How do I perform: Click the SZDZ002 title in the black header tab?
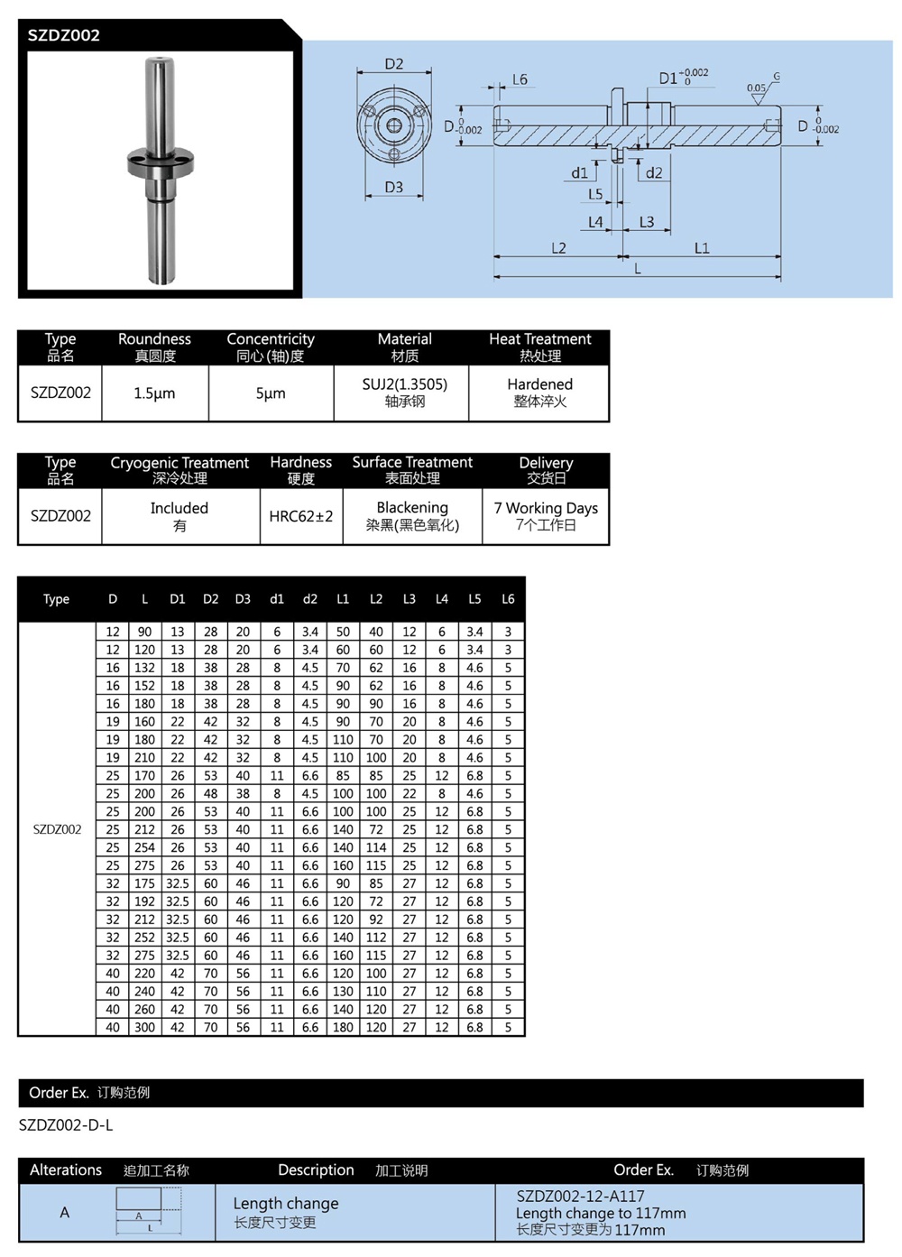tap(63, 35)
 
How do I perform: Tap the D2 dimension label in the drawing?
tap(394, 64)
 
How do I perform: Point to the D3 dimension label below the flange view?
tap(394, 188)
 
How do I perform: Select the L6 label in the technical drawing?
tap(520, 79)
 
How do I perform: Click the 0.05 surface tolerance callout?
tap(756, 88)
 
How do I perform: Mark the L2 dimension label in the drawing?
tap(558, 248)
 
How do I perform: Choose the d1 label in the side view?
tap(579, 172)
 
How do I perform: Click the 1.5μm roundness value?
tap(154, 393)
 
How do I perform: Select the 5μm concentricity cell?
tap(271, 393)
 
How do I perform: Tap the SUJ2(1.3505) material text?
tap(404, 384)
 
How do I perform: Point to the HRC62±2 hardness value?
tap(301, 516)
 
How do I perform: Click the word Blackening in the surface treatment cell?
tap(412, 508)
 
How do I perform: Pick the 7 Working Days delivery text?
tap(546, 508)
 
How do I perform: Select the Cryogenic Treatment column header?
tap(179, 463)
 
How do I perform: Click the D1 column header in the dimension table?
tap(178, 599)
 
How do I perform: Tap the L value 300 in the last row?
tap(145, 1027)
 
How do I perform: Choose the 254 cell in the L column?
tap(145, 847)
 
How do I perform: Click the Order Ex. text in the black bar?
tap(59, 1093)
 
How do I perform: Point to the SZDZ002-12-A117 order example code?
tap(580, 1197)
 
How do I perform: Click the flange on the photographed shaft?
tap(159, 162)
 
